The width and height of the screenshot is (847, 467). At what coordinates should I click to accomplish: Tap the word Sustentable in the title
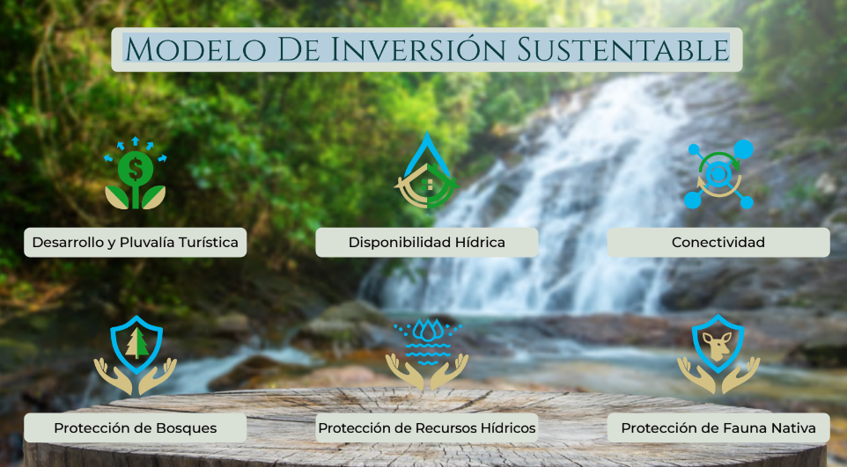(x=623, y=49)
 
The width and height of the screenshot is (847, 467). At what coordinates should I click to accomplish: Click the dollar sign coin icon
(x=135, y=169)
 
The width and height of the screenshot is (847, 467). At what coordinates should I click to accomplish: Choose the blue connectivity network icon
(x=718, y=174)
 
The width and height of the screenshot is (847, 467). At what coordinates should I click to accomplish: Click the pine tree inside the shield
(x=136, y=343)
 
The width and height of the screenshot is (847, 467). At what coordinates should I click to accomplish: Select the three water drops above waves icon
(x=427, y=330)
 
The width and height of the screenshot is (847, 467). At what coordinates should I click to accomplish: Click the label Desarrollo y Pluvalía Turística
(x=135, y=243)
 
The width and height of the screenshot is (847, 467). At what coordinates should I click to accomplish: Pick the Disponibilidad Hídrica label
(x=427, y=243)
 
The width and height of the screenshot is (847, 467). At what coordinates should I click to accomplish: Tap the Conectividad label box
(x=718, y=243)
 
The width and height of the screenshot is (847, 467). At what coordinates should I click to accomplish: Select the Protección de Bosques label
(x=135, y=428)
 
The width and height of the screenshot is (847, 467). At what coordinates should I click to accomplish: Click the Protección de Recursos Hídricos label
(x=427, y=428)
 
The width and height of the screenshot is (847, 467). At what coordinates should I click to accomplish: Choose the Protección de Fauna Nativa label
(x=718, y=428)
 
